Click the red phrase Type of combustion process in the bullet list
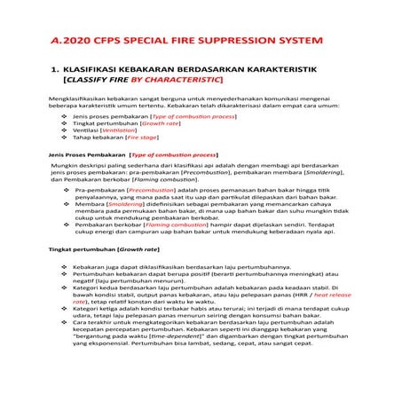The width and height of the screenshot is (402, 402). tap(193, 116)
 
